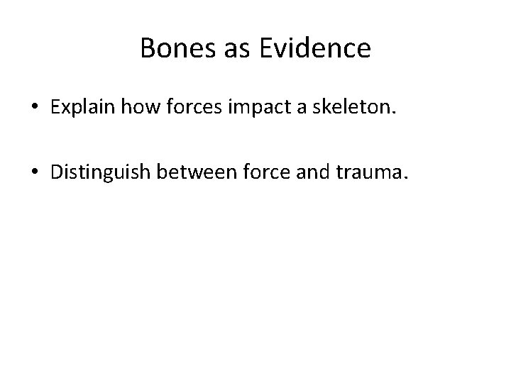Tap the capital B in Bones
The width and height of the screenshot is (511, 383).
point(147,48)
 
